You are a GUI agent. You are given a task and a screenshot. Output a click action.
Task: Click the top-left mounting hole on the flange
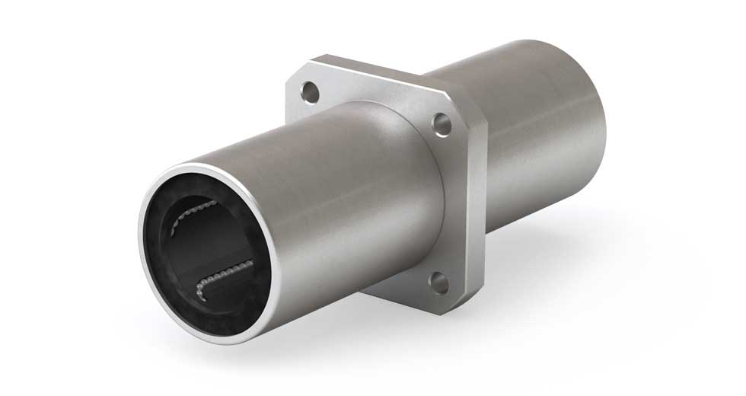click(308, 93)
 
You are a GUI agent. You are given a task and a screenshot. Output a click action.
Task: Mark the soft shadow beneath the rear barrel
click(594, 251)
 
